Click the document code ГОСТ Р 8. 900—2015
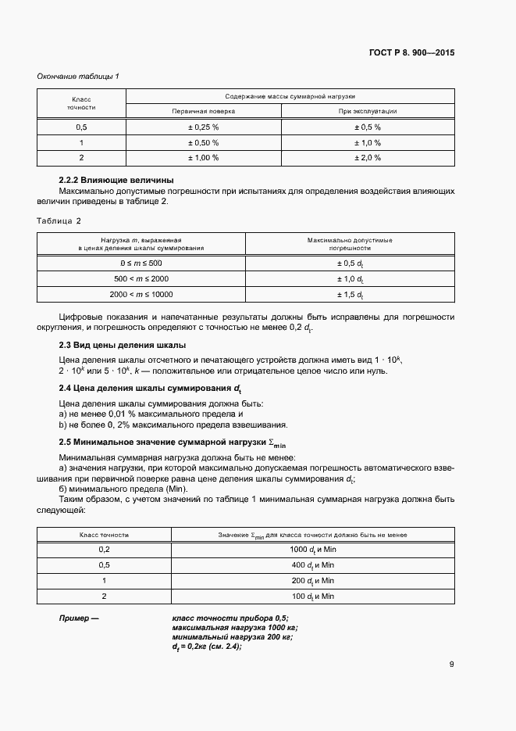coord(411,53)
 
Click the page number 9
coord(452,665)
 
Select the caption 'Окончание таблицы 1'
coord(78,76)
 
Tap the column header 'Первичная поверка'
coord(203,111)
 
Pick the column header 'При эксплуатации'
coord(368,111)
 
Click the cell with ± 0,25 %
coord(203,127)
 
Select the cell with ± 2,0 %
coord(368,158)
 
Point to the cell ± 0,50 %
coord(203,142)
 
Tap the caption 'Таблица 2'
coord(59,220)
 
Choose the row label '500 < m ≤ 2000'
coord(141,279)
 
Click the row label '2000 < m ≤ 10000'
coord(141,295)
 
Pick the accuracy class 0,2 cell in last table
coord(104,550)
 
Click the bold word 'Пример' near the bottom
coord(80,618)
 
